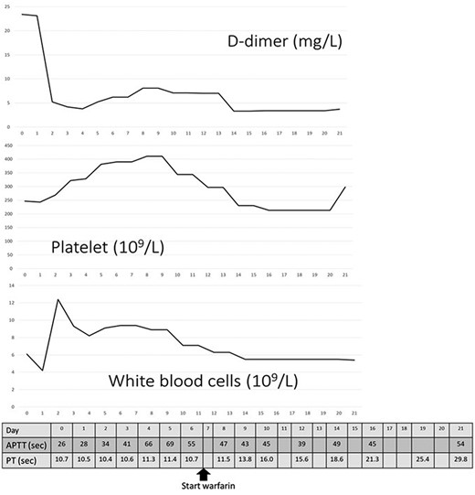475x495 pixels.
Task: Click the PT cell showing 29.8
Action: tap(460, 458)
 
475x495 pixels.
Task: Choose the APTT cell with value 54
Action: tap(460, 444)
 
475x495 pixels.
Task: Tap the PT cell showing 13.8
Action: tap(246, 458)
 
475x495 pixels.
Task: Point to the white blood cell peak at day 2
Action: tap(58, 299)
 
